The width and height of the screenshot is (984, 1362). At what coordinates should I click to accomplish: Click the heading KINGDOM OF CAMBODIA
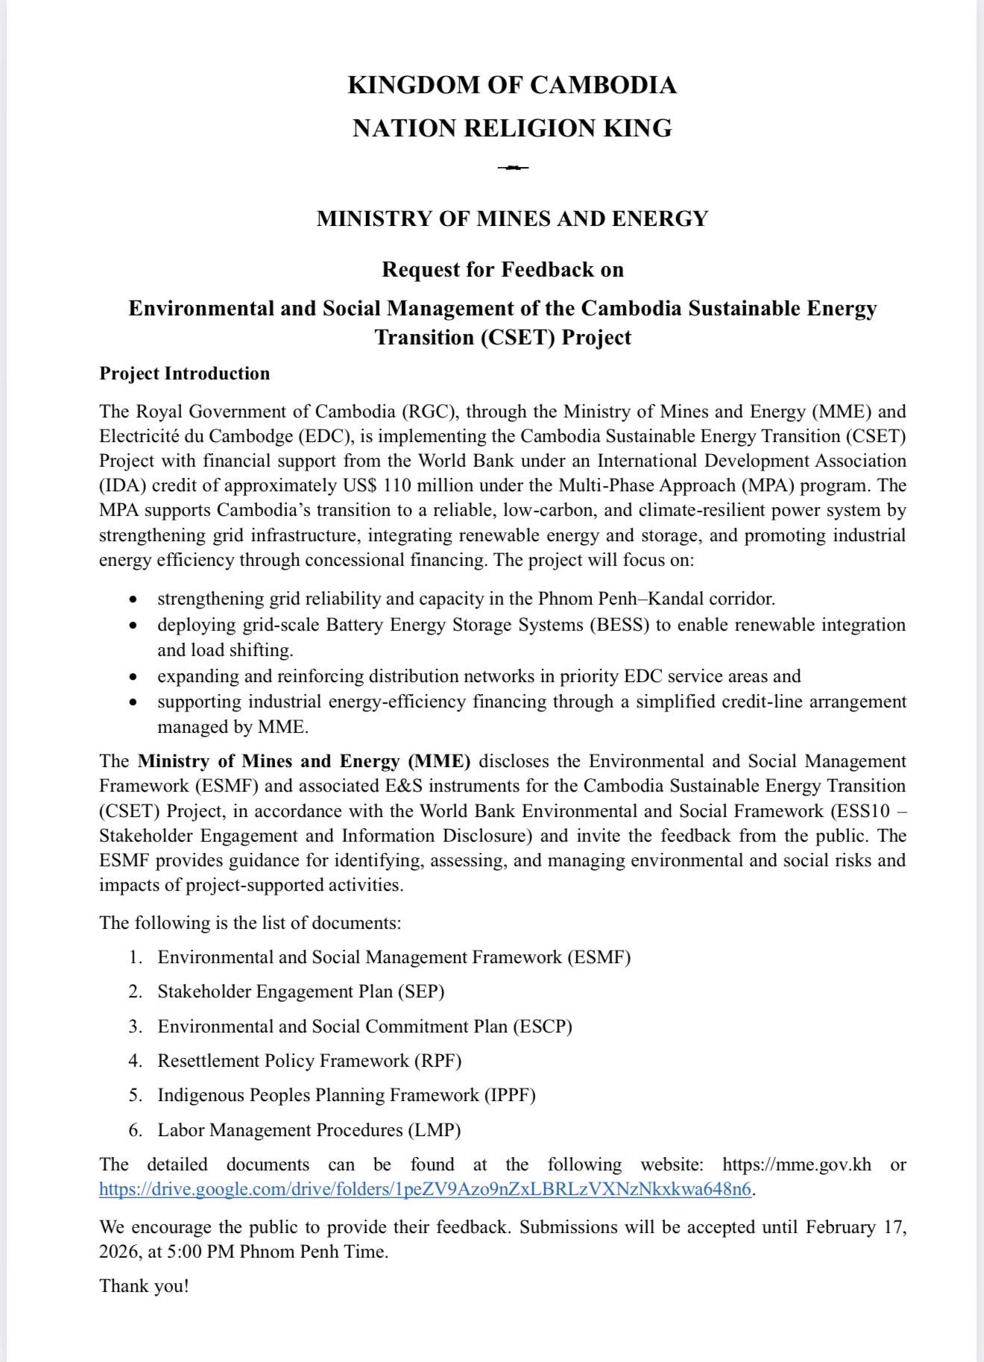512,85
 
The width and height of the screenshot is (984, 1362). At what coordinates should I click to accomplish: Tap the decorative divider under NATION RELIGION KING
513,167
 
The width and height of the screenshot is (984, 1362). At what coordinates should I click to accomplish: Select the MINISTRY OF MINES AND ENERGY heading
512,218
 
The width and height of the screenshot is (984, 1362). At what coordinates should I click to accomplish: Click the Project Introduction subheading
184,373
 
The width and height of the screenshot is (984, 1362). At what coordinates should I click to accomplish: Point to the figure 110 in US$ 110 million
396,485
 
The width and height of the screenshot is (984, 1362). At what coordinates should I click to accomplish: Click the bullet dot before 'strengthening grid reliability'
133,599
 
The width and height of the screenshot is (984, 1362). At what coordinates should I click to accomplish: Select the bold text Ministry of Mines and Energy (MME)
304,761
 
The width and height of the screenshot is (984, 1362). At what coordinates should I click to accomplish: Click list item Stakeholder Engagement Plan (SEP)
300,991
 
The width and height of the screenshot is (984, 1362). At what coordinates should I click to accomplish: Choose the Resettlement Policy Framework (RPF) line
309,1061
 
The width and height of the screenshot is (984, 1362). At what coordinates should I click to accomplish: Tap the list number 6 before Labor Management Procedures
135,1130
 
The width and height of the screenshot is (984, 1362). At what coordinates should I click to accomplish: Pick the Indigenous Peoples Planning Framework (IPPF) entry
347,1095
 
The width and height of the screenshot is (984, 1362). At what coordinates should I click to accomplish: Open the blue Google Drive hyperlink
425,1189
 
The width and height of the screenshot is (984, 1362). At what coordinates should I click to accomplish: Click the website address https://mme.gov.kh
796,1164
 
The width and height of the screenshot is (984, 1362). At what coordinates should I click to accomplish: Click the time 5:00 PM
201,1252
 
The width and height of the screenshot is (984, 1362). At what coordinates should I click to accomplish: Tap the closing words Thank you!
144,1286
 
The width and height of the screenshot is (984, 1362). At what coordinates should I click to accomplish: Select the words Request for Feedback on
502,269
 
